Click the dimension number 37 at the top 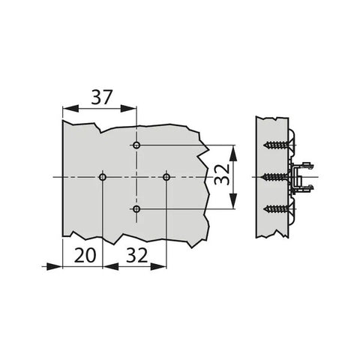coord(101,97)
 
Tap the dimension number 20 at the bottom coord(85,255)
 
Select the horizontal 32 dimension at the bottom coord(136,255)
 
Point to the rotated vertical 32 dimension coord(222,174)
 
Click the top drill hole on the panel coord(136,145)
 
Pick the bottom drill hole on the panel coord(136,208)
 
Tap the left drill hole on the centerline coord(103,177)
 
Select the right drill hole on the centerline coord(166,177)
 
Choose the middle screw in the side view coord(276,177)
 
